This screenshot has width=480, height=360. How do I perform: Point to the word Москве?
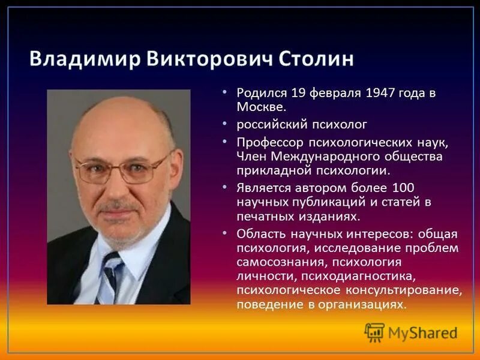[x=261, y=107]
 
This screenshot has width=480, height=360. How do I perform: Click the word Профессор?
[x=270, y=143]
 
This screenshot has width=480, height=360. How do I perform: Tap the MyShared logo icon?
[x=374, y=332]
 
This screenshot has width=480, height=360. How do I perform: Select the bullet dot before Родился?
[x=224, y=92]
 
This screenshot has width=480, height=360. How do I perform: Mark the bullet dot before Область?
[x=224, y=233]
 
